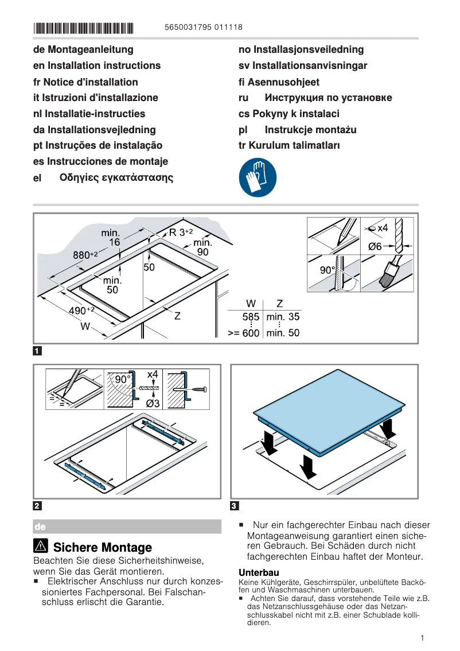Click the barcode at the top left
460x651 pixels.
pyautogui.click(x=83, y=27)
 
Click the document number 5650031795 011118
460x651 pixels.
pyautogui.click(x=203, y=27)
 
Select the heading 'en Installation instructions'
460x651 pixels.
pyautogui.click(x=97, y=65)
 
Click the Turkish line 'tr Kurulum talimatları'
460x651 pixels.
pyautogui.click(x=289, y=145)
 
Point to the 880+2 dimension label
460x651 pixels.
pyautogui.click(x=85, y=254)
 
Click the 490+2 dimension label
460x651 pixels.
pyautogui.click(x=81, y=311)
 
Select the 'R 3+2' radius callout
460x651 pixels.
pyautogui.click(x=180, y=232)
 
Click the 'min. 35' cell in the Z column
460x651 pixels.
pyautogui.click(x=283, y=316)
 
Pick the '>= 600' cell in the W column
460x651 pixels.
pyautogui.click(x=244, y=333)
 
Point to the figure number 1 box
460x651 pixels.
pyautogui.click(x=37, y=350)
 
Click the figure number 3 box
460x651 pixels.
pyautogui.click(x=234, y=506)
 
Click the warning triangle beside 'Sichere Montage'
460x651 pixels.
pyautogui.click(x=41, y=547)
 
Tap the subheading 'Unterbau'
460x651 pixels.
pyautogui.click(x=259, y=572)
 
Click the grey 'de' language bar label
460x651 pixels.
pyautogui.click(x=40, y=526)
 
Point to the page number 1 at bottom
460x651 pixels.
pyautogui.click(x=422, y=638)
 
